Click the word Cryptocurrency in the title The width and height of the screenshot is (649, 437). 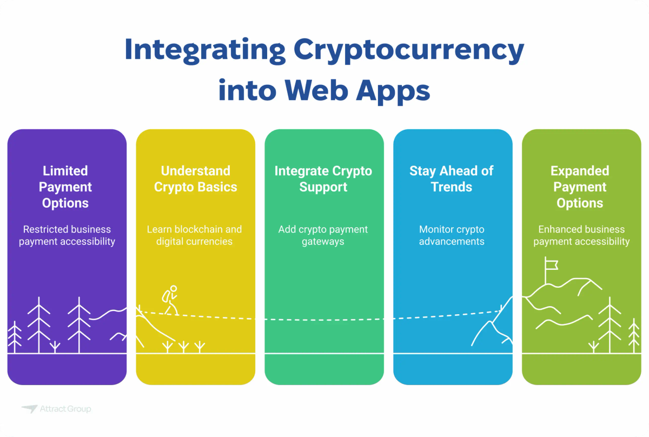pyautogui.click(x=408, y=50)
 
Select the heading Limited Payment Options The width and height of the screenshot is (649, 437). pyautogui.click(x=66, y=187)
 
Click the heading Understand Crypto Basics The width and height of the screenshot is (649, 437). pyautogui.click(x=195, y=179)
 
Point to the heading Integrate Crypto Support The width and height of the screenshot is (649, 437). pyautogui.click(x=323, y=179)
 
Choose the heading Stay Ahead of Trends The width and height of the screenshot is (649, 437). pyautogui.click(x=452, y=179)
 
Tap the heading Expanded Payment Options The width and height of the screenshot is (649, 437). pyautogui.click(x=580, y=187)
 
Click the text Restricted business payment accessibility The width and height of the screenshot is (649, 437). pyautogui.click(x=67, y=235)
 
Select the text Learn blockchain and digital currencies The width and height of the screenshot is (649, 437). pyautogui.click(x=195, y=235)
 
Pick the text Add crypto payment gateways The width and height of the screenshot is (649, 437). pyautogui.click(x=323, y=235)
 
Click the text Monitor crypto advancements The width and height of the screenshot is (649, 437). pyautogui.click(x=452, y=235)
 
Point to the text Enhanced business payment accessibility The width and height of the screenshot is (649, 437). pyautogui.click(x=581, y=235)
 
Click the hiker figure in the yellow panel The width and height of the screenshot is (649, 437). pyautogui.click(x=170, y=300)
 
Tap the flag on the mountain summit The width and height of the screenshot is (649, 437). pyautogui.click(x=551, y=265)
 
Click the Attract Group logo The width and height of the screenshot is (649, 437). pyautogui.click(x=56, y=409)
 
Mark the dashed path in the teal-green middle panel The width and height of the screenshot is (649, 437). pyautogui.click(x=323, y=320)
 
